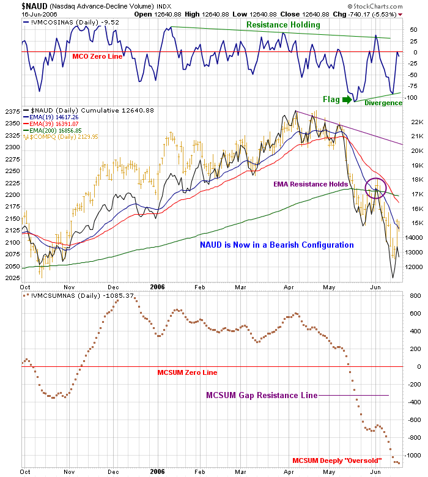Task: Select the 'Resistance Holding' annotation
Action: point(283,25)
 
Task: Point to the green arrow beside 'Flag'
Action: point(347,99)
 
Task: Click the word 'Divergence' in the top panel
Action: point(383,103)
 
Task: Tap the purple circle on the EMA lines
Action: point(375,188)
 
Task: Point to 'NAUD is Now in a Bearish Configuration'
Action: point(277,245)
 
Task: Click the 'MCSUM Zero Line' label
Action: point(186,372)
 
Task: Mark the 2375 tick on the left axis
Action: point(11,111)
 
